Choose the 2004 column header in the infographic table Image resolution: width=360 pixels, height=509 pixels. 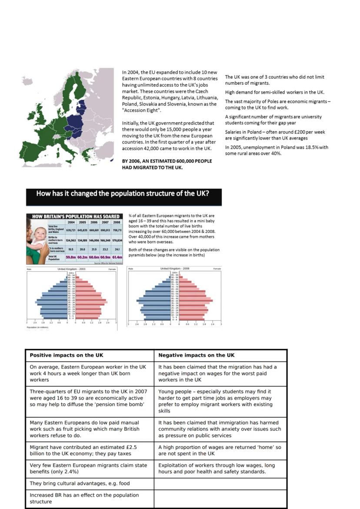pos(71,222)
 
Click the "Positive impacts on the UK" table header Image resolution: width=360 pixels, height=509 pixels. pos(67,355)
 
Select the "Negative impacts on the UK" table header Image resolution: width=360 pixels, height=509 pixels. pos(197,355)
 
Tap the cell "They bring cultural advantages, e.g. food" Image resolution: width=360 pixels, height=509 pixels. pos(80,483)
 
